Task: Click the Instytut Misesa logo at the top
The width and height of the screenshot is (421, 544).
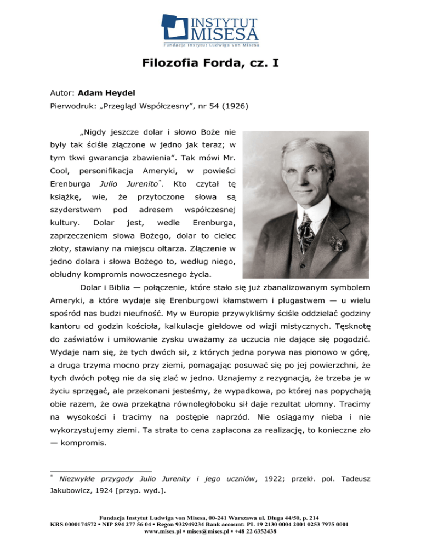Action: point(210,28)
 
